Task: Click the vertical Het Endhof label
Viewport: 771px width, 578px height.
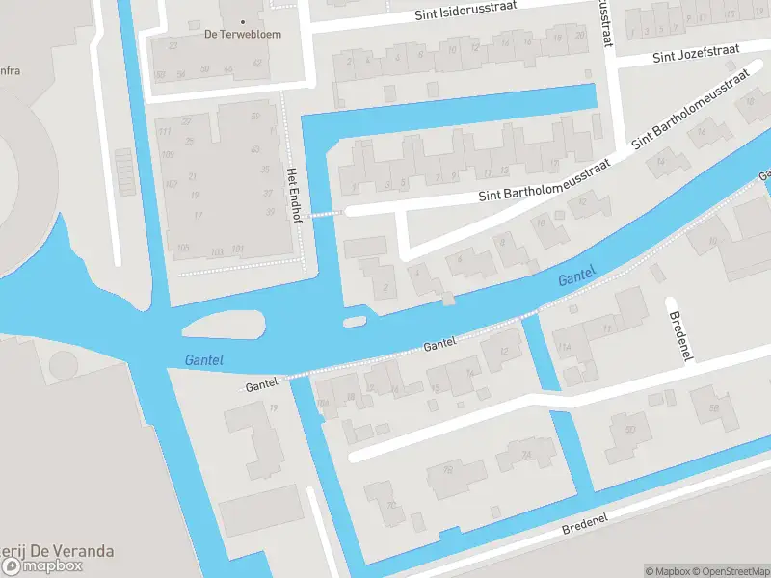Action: (291, 196)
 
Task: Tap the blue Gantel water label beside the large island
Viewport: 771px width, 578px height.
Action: (203, 359)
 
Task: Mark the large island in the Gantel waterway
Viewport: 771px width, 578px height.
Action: (222, 328)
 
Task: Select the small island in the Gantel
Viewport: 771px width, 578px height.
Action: (355, 320)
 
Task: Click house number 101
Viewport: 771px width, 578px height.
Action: (238, 250)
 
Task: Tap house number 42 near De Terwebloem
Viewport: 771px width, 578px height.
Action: (257, 63)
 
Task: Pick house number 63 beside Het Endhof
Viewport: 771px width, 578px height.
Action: (254, 149)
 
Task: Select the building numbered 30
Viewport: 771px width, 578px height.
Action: (631, 429)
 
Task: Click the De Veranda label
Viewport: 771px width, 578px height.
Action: (58, 551)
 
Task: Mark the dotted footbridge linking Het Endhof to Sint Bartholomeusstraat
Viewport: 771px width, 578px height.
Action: (325, 214)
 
